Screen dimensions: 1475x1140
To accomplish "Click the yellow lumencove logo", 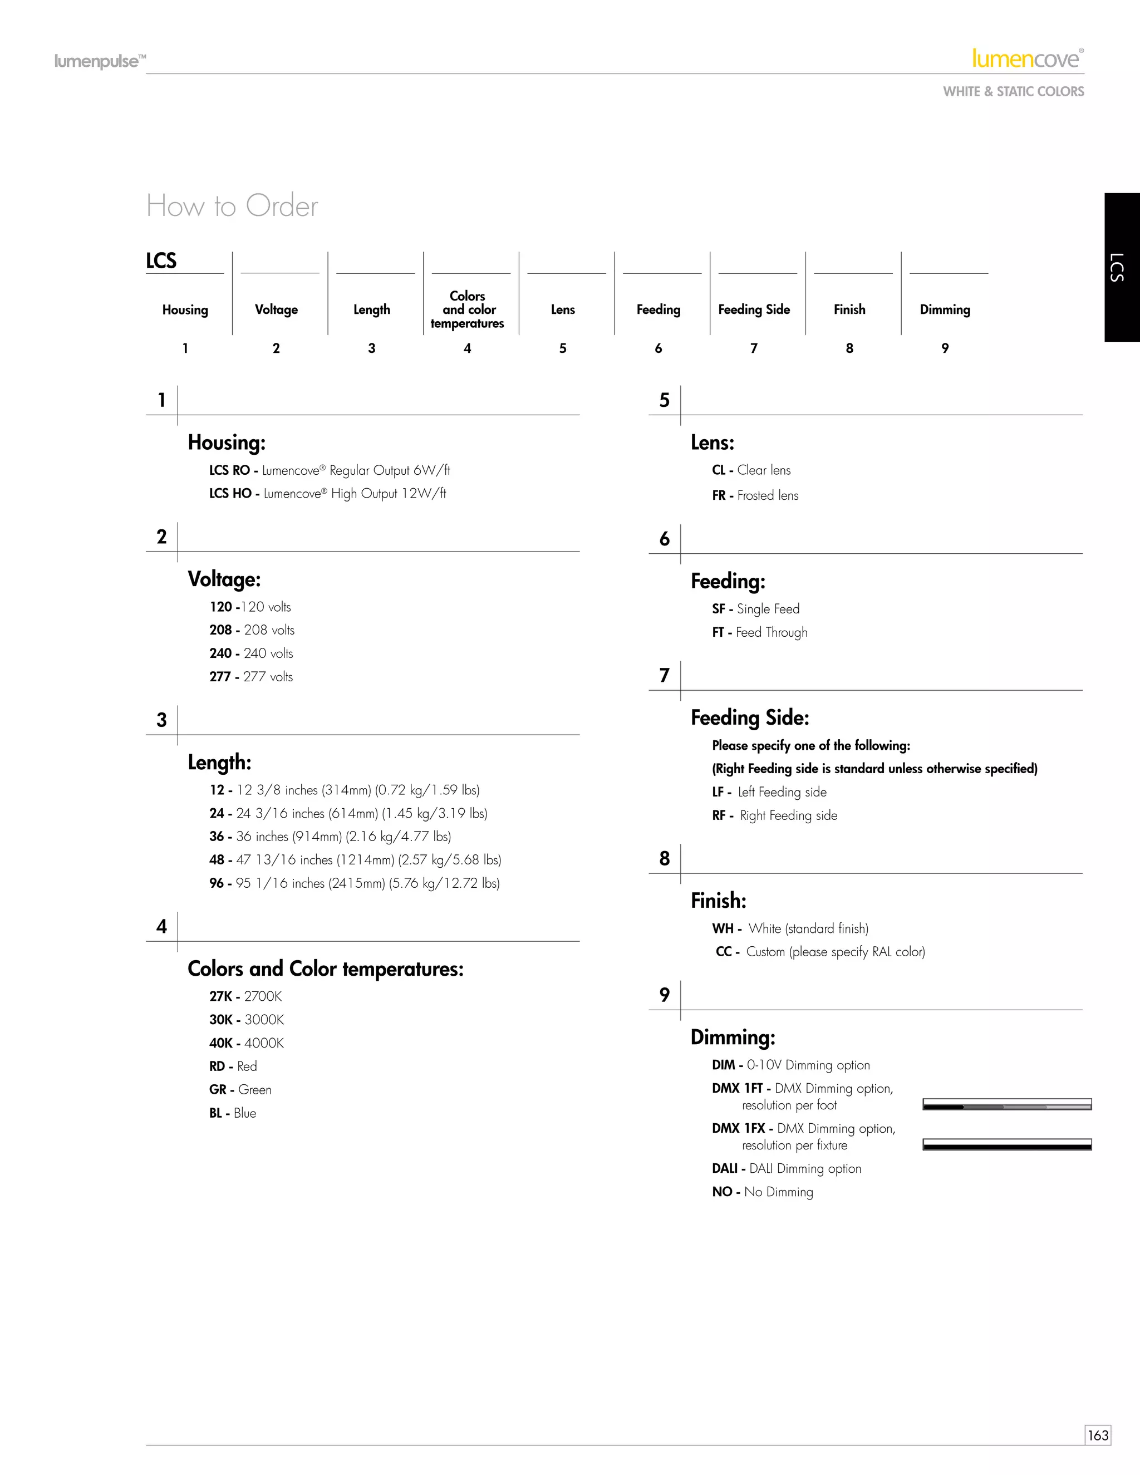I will (x=1026, y=60).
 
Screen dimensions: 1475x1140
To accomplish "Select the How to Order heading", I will (x=232, y=206).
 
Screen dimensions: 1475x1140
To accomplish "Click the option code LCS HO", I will (x=230, y=494).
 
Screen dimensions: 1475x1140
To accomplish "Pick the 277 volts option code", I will (x=220, y=677).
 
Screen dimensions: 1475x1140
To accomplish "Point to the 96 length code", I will (x=217, y=883).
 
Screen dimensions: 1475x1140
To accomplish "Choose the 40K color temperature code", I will (x=221, y=1044).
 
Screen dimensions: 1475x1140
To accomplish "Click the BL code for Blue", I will (x=216, y=1113).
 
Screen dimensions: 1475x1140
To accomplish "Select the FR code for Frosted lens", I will (x=719, y=496).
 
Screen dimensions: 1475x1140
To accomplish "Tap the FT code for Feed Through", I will (x=718, y=633).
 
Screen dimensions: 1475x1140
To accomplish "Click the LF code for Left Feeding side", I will (x=718, y=792).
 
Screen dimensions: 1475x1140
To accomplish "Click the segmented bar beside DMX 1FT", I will (x=1007, y=1105).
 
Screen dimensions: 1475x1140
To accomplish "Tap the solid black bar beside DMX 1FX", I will (x=1007, y=1145).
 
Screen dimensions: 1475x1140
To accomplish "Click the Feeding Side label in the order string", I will (x=754, y=309).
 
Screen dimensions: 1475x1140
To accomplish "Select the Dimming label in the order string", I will (x=945, y=309).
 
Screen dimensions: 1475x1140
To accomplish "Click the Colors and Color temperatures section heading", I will (x=326, y=969).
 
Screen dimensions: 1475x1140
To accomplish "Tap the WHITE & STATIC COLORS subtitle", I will (x=1013, y=92).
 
